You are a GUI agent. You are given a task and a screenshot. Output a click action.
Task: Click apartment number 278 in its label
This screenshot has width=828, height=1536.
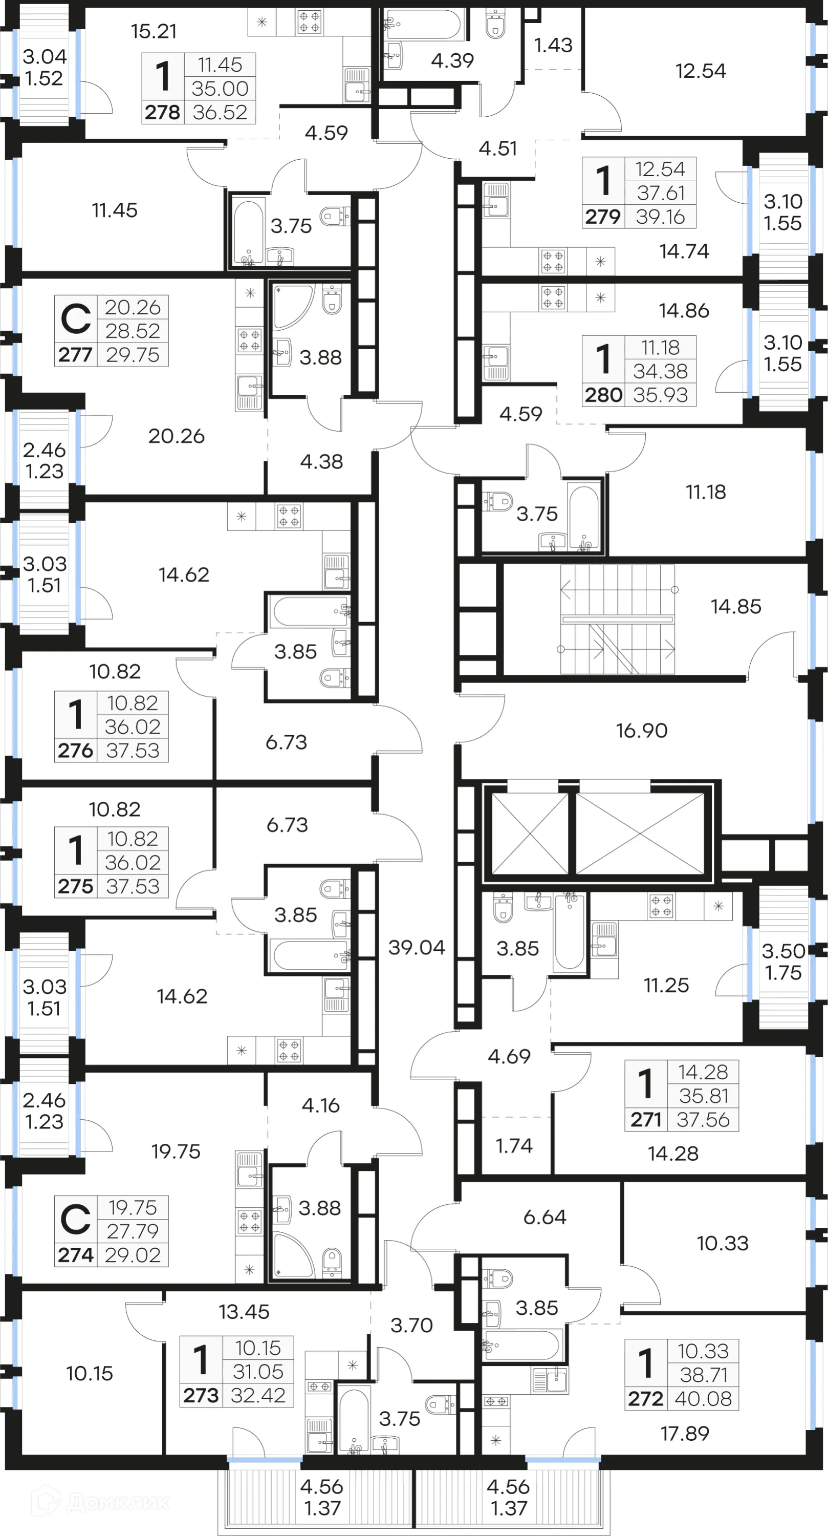162,112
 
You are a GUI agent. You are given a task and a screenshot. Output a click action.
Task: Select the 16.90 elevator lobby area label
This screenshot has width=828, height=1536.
641,731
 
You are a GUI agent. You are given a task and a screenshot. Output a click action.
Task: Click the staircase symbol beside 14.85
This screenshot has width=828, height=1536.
617,620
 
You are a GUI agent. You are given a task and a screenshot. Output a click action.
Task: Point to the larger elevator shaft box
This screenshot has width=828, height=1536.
640,834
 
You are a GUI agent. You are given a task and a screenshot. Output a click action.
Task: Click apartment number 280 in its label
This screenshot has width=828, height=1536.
603,395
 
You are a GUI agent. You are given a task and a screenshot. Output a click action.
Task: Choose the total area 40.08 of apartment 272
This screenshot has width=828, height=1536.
704,1398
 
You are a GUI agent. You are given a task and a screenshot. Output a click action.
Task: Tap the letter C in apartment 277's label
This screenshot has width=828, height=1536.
76,319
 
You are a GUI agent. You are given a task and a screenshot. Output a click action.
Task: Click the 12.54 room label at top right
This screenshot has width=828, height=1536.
701,71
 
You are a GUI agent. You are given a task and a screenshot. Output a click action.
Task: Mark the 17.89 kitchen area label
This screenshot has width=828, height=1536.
684,1433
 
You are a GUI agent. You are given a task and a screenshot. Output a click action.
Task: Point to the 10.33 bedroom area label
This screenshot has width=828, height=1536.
723,1243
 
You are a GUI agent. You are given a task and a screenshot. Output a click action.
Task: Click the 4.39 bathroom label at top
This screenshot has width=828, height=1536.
452,60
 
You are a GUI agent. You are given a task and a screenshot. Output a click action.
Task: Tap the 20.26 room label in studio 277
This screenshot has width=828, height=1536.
176,436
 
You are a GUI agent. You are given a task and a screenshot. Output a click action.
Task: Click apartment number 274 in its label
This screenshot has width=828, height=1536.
76,1255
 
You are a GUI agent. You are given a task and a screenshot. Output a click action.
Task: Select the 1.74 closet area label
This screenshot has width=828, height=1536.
514,1145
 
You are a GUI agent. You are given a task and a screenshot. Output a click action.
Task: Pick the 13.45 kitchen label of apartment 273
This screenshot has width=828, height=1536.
244,1311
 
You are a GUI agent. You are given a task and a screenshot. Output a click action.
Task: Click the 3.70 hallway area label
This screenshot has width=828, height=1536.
411,1325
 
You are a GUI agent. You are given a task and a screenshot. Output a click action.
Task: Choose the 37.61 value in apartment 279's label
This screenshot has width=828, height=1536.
660,193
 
